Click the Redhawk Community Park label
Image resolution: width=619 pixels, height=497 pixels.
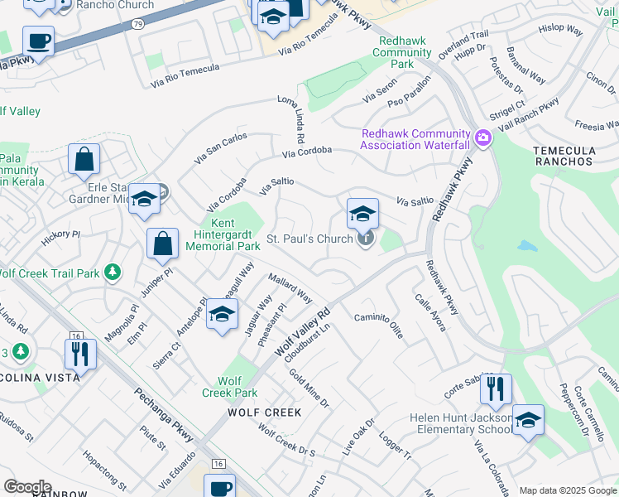401,52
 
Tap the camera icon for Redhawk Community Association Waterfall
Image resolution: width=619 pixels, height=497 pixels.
482,138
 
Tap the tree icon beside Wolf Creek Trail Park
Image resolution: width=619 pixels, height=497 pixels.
113,273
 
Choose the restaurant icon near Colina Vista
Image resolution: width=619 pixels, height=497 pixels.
80,354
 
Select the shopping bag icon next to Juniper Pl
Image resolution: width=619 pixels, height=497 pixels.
163,244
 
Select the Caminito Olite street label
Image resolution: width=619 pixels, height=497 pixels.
378,325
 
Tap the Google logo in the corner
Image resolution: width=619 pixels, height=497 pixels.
27,487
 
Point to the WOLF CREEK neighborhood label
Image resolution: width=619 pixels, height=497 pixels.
264,412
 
